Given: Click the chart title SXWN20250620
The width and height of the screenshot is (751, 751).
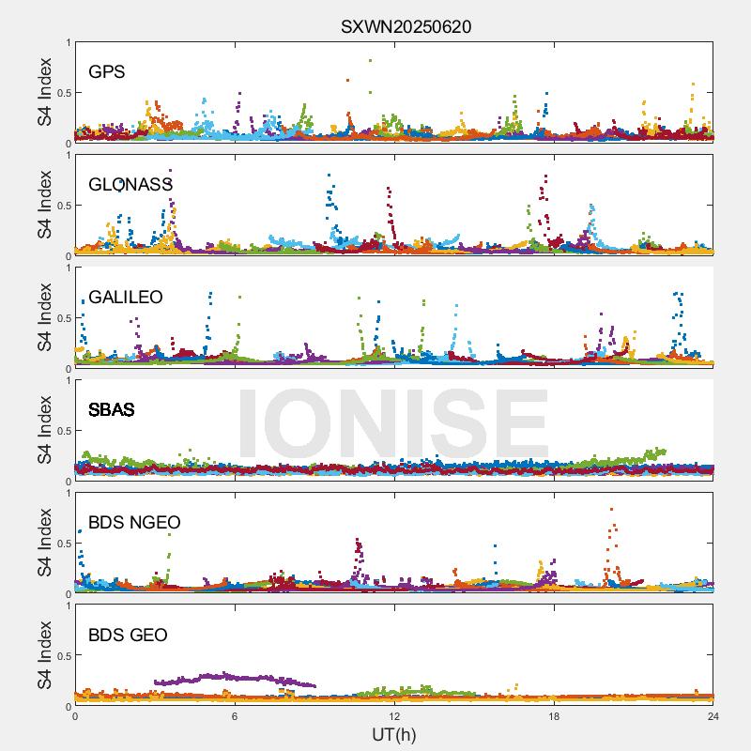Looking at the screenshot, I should coord(406,27).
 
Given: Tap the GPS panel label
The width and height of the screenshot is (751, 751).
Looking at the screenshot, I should coord(107,71).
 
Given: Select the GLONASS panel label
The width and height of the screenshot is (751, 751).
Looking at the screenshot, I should coord(130,184).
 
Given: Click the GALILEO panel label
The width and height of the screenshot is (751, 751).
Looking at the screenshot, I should coord(125,298).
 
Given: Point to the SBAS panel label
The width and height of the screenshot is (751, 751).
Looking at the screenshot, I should coord(111,410).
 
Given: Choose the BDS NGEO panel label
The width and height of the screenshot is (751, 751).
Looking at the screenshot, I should coord(134,523).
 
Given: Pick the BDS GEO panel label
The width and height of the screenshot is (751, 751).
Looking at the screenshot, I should coord(128,636).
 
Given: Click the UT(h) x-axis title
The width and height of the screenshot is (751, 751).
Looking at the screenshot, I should coord(393,734).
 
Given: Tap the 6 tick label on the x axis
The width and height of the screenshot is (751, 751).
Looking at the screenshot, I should coord(235,716).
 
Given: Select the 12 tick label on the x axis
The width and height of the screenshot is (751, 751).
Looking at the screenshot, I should coord(394,716).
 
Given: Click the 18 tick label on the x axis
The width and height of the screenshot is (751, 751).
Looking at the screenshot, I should coord(554,716).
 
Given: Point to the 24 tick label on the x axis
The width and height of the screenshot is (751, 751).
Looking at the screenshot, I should coord(713,716).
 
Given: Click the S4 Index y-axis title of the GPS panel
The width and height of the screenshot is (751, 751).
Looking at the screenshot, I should coord(45,93).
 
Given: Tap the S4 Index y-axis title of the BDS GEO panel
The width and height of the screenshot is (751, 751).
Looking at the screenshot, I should coord(45,655).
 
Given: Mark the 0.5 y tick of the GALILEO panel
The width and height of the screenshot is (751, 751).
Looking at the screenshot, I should coord(61,318).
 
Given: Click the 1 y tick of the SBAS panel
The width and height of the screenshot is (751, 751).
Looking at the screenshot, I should coord(67,380).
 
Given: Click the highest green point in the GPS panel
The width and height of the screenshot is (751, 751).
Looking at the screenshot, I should coord(370,61).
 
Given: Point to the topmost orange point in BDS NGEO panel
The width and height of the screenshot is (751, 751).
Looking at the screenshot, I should coord(612,510).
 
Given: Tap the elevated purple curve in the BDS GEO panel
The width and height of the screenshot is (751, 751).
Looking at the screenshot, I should coord(235,677).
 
